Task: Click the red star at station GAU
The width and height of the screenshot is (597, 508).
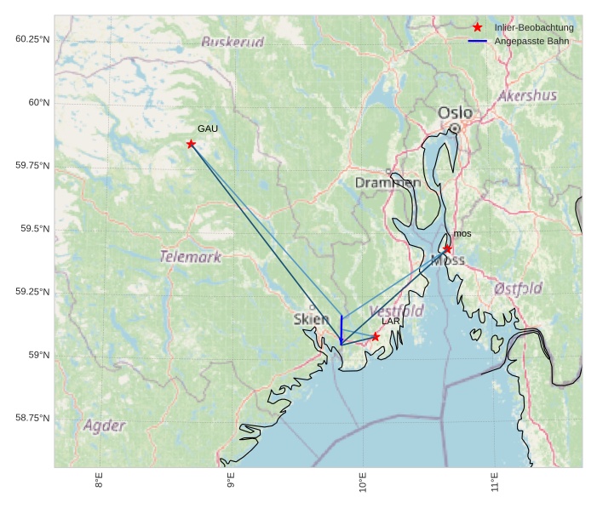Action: (x=191, y=144)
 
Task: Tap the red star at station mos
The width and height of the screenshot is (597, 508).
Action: (x=447, y=248)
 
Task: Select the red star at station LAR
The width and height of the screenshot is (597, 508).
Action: (x=376, y=337)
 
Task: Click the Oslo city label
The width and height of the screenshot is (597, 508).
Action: (x=455, y=113)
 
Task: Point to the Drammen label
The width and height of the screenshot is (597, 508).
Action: (x=387, y=183)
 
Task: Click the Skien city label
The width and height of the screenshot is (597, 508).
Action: (x=311, y=319)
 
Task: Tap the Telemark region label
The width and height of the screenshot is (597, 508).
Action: (x=190, y=256)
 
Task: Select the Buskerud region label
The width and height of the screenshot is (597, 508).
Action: (x=232, y=42)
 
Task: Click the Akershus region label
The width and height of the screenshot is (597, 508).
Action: (x=527, y=95)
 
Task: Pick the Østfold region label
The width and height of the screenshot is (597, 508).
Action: (x=518, y=288)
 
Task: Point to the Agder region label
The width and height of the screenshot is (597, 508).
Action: (x=105, y=425)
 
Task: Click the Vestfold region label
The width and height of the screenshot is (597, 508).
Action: (x=397, y=311)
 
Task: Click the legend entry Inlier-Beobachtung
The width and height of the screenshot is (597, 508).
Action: (x=533, y=28)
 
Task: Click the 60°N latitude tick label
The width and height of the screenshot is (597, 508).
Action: (x=35, y=103)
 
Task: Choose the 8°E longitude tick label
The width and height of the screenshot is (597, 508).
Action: (x=99, y=482)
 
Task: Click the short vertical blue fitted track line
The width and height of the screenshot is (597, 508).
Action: (x=342, y=329)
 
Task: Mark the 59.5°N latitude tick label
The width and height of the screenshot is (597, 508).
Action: (x=32, y=229)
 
